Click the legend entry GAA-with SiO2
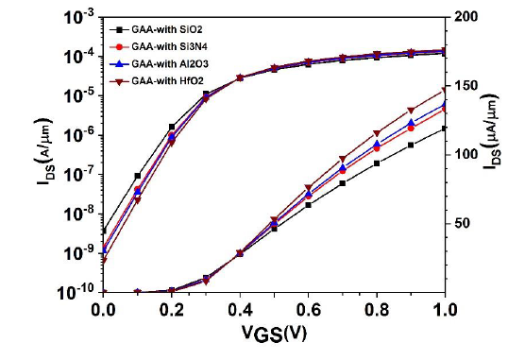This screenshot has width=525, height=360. [x=156, y=30]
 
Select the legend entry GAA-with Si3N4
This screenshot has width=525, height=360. [x=159, y=46]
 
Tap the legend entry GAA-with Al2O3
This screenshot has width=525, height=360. [x=159, y=63]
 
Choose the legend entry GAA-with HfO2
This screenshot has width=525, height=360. [x=157, y=80]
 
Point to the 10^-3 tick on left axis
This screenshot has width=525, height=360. [x=79, y=17]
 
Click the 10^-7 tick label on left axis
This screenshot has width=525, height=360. [x=79, y=175]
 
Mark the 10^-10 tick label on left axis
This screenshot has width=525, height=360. [x=77, y=293]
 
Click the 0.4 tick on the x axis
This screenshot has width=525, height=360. [x=240, y=310]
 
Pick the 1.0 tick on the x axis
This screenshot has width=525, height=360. [x=445, y=310]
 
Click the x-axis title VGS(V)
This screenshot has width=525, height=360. [x=274, y=334]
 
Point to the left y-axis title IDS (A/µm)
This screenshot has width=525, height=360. [x=44, y=151]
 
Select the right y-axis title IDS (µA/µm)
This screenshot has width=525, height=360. [x=491, y=129]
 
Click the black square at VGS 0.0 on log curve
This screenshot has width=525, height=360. [x=103, y=231]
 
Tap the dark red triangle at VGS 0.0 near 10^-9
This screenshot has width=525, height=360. [x=103, y=261]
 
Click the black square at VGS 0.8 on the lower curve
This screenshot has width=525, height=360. [x=377, y=163]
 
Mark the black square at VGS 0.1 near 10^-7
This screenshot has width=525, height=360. [x=137, y=176]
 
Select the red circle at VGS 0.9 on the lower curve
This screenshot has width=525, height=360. [x=411, y=129]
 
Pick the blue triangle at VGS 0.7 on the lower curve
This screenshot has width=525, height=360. [x=343, y=167]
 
